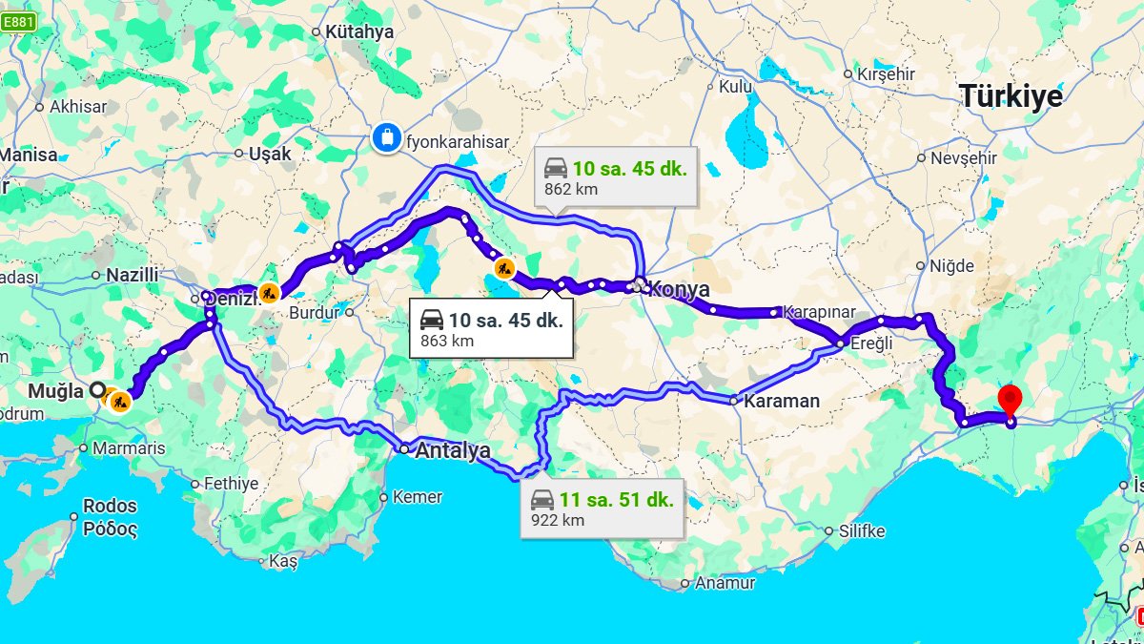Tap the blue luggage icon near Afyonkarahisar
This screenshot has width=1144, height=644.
pyautogui.click(x=386, y=137)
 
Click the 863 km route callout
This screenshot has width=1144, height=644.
pyautogui.click(x=491, y=329)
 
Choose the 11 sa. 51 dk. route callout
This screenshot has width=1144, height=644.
pyautogui.click(x=603, y=509)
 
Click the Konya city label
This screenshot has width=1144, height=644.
pyautogui.click(x=679, y=289)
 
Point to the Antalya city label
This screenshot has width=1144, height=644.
pyautogui.click(x=453, y=449)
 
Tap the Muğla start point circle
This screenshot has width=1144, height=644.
pyautogui.click(x=96, y=390)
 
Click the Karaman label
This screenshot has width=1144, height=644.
pyautogui.click(x=782, y=401)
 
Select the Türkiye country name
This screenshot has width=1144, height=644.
pyautogui.click(x=1011, y=96)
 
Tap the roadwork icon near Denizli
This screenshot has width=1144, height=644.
pyautogui.click(x=269, y=294)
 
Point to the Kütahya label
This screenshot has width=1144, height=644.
pyautogui.click(x=359, y=31)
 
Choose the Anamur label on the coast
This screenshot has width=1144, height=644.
pyautogui.click(x=725, y=582)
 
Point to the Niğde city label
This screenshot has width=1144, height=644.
pyautogui.click(x=951, y=266)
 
